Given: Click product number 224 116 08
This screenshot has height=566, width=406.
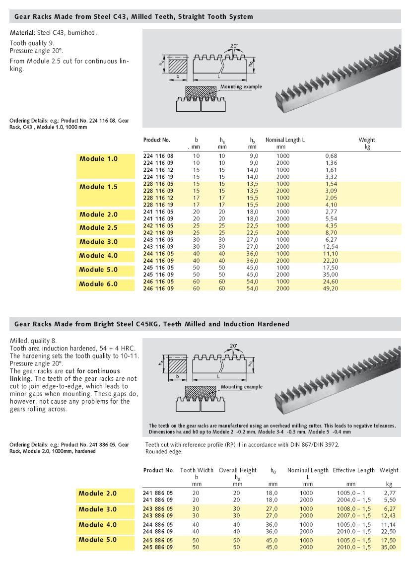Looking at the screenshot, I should pyautogui.click(x=158, y=156).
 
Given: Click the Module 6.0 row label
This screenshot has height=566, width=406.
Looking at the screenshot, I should pyautogui.click(x=98, y=284).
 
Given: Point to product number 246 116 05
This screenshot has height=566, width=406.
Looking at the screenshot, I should pyautogui.click(x=158, y=281).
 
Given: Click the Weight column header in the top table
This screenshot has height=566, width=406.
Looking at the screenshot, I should pyautogui.click(x=367, y=140).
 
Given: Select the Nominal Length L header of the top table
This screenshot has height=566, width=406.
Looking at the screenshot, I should pyautogui.click(x=285, y=140).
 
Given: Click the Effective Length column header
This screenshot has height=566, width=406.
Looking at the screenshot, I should pyautogui.click(x=353, y=470).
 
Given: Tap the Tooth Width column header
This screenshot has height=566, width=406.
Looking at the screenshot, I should pyautogui.click(x=197, y=470).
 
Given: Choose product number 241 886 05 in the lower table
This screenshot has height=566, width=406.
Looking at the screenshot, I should pyautogui.click(x=158, y=493).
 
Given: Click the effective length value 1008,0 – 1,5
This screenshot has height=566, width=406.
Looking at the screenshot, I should pyautogui.click(x=353, y=509).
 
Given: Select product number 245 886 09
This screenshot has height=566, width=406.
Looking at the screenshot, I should pyautogui.click(x=158, y=547).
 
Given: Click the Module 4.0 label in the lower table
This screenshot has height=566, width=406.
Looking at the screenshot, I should pyautogui.click(x=97, y=525).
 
